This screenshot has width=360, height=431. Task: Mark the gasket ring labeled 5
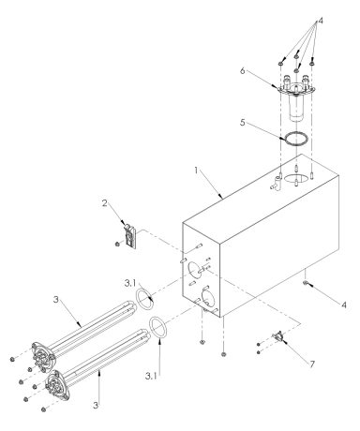[298, 139]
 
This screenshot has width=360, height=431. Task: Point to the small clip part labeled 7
[278, 340]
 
